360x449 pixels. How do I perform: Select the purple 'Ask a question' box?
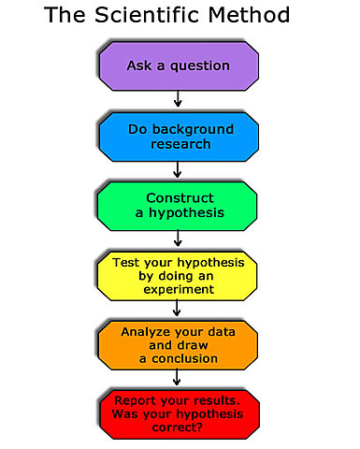click(x=179, y=65)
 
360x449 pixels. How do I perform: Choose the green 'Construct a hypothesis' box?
click(x=179, y=205)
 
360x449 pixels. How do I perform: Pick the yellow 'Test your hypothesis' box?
click(x=179, y=275)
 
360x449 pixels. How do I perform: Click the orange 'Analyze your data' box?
click(x=179, y=344)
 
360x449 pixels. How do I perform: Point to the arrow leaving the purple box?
click(x=179, y=99)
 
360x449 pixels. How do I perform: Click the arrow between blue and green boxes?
click(x=179, y=169)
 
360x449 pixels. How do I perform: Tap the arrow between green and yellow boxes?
click(x=179, y=239)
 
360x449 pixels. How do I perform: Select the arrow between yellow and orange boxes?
click(x=179, y=310)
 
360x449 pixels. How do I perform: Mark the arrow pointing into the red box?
click(x=179, y=377)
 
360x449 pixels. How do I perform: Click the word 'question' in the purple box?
click(x=197, y=65)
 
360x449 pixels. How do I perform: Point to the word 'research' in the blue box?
click(x=179, y=144)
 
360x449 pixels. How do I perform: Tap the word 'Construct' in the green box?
click(x=179, y=196)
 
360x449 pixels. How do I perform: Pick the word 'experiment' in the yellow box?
click(x=179, y=290)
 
